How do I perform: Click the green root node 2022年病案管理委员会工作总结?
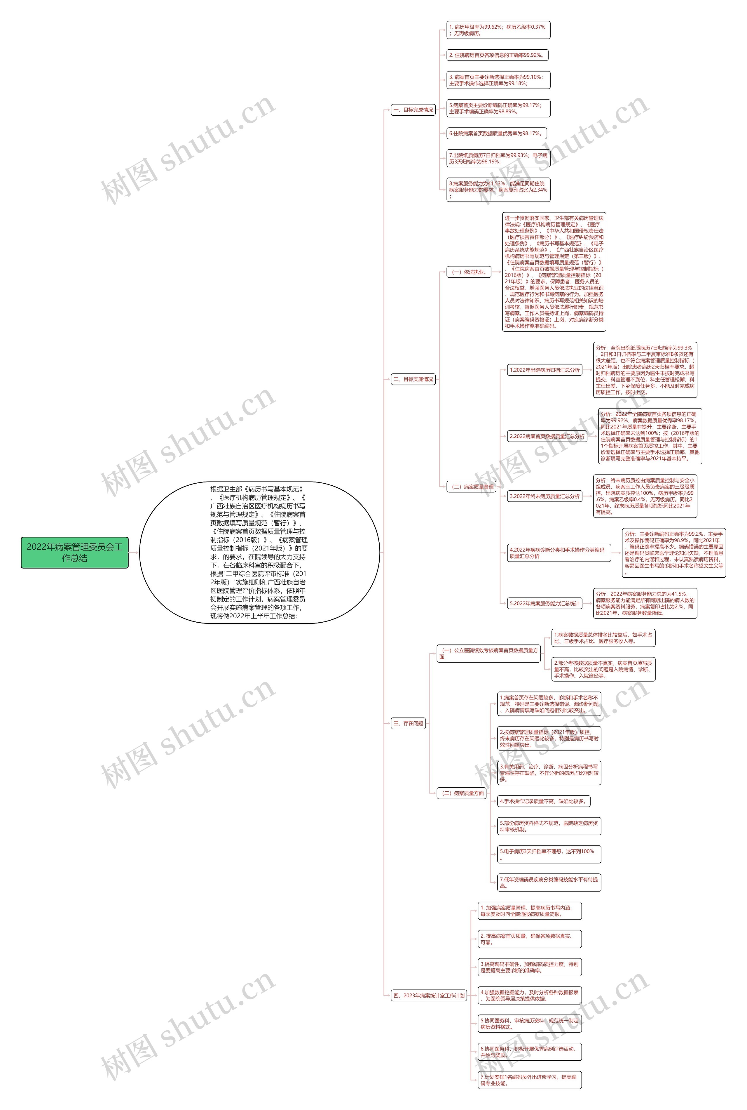click(74, 552)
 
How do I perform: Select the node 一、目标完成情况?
click(413, 110)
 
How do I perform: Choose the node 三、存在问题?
click(408, 723)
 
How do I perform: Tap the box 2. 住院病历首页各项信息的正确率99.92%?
click(497, 55)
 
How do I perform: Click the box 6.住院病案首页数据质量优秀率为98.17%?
click(496, 133)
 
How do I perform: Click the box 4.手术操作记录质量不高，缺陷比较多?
click(544, 801)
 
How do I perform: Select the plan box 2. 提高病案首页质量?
click(530, 939)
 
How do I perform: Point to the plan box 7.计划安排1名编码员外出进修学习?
click(530, 1080)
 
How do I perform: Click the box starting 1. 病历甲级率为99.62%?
click(498, 30)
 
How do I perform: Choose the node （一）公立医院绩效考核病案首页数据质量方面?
click(489, 653)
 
